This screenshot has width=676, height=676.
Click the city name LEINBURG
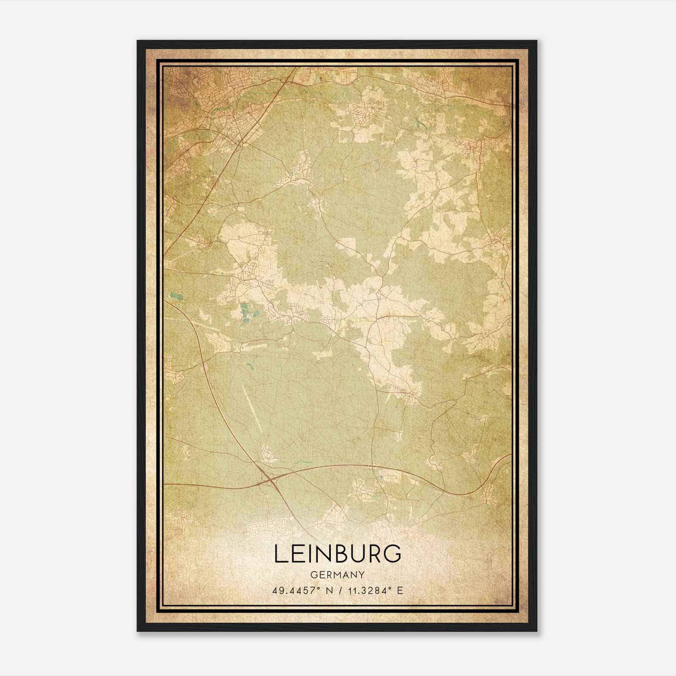pyautogui.click(x=338, y=554)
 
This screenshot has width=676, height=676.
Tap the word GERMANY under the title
pyautogui.click(x=338, y=575)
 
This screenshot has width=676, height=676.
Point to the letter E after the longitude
pyautogui.click(x=400, y=590)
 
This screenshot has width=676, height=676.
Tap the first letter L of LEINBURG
pyautogui.click(x=281, y=554)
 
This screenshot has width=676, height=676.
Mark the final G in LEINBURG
pyautogui.click(x=393, y=554)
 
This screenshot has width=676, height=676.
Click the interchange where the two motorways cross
pyautogui.click(x=267, y=479)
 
